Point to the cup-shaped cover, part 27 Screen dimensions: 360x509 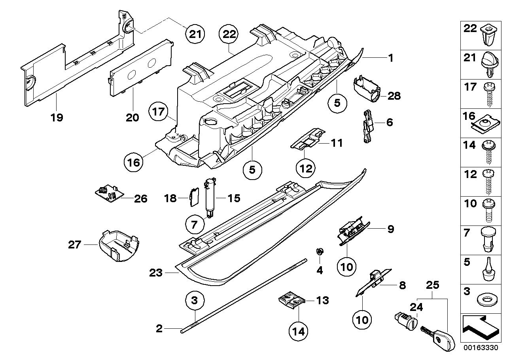117,246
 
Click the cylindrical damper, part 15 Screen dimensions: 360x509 208,196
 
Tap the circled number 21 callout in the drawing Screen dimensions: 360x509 195,34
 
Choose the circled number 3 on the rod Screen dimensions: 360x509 195,300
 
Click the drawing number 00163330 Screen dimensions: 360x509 481,348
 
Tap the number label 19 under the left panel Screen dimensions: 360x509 57,117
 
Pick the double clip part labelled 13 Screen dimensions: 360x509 291,302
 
